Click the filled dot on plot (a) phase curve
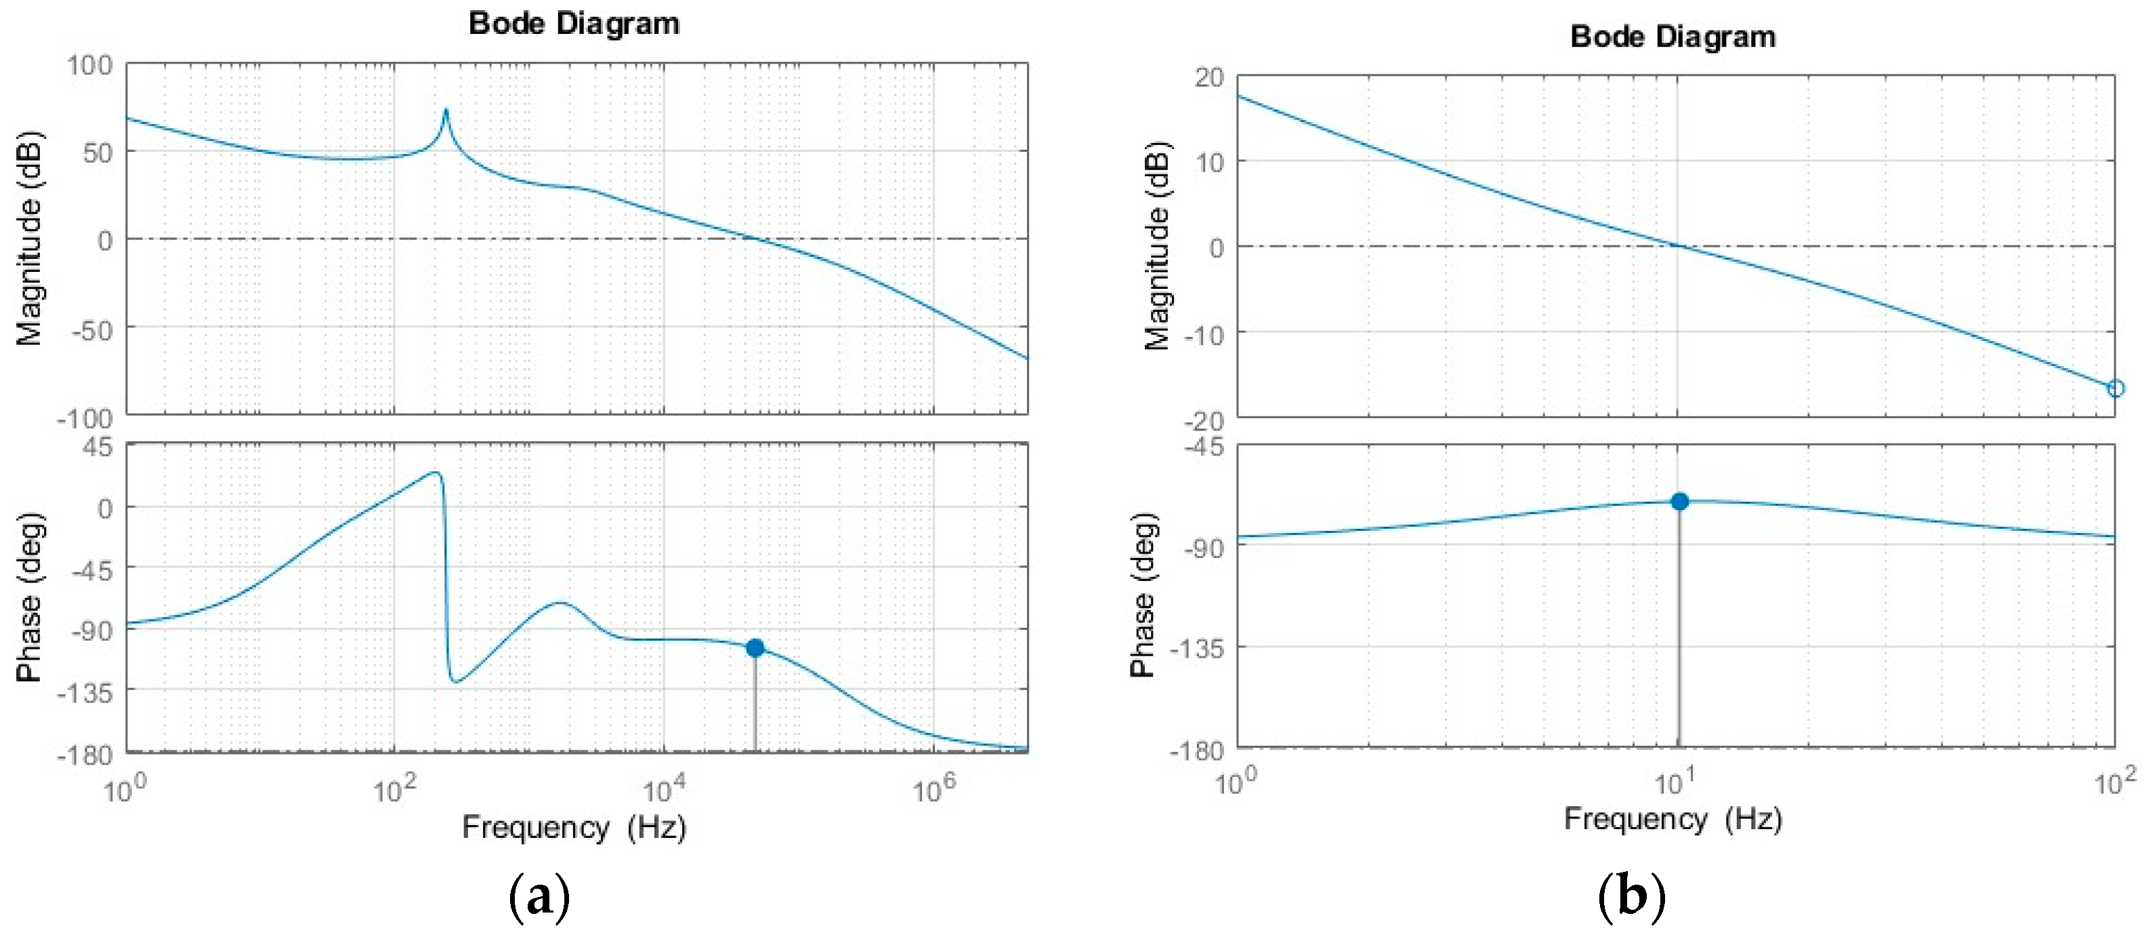tap(755, 647)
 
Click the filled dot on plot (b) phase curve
tap(1679, 501)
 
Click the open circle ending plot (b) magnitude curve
tap(2115, 388)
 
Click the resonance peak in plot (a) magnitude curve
tap(446, 111)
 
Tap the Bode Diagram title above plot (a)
tap(574, 23)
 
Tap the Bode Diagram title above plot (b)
tap(1672, 37)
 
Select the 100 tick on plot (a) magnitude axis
tap(90, 65)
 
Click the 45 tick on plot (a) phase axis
tap(97, 447)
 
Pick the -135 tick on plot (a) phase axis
tap(85, 692)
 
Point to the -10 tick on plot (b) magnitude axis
tap(1204, 335)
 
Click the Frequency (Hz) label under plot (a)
tap(574, 827)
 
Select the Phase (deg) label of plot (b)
tap(1143, 595)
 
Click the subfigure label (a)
tap(539, 897)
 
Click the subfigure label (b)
tap(1631, 897)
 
